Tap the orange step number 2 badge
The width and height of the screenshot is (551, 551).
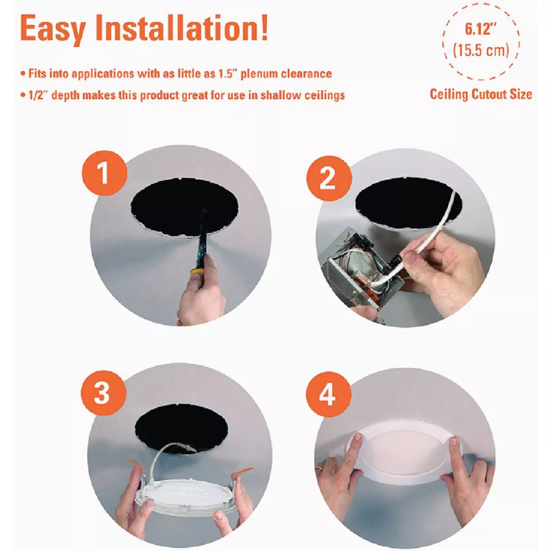coord(328,178)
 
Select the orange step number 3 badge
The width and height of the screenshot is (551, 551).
coord(102,394)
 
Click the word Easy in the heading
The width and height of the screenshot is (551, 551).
coord(53,28)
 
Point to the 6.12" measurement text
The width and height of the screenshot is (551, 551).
coord(480,29)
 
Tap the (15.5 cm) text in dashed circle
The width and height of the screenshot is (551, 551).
coord(481,50)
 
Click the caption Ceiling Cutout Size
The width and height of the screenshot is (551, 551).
coord(481,94)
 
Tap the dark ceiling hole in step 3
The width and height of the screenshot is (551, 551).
coord(181,427)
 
